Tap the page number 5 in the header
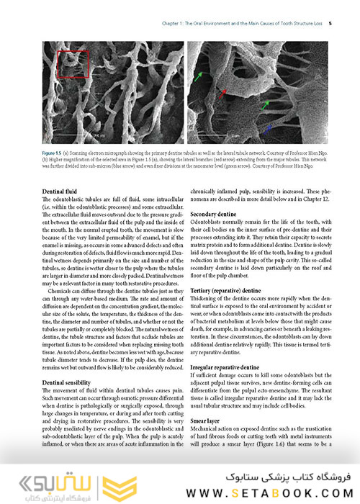(329, 23)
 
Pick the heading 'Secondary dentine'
(215, 215)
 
